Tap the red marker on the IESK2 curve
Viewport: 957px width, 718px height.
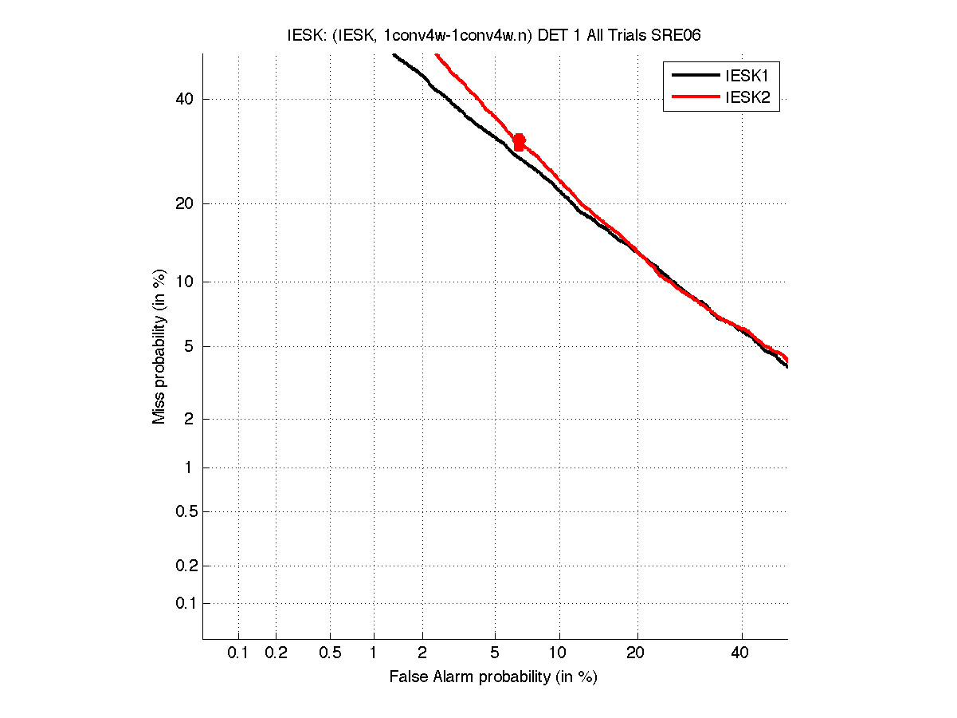[519, 142]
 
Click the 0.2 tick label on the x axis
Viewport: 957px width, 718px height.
[276, 653]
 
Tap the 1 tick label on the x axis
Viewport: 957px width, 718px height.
[373, 653]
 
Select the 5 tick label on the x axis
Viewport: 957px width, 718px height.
[495, 653]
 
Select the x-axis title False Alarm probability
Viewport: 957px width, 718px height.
[493, 677]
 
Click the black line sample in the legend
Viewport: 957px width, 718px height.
[695, 77]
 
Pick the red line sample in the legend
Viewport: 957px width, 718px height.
[695, 99]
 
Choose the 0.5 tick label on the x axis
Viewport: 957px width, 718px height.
[330, 653]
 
